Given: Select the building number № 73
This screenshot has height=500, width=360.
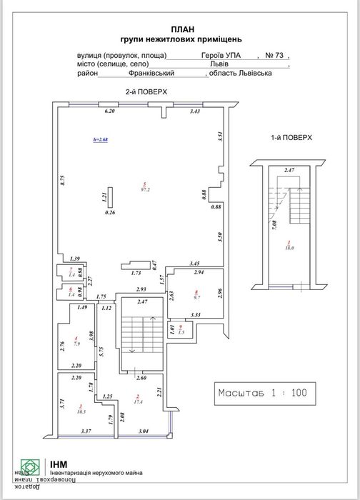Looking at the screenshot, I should tap(274, 54).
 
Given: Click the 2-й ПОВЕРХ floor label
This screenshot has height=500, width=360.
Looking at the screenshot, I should tap(143, 93).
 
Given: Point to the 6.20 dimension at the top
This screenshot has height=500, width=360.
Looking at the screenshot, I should tap(109, 112).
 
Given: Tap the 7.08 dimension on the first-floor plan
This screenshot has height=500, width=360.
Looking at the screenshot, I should tap(274, 227).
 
